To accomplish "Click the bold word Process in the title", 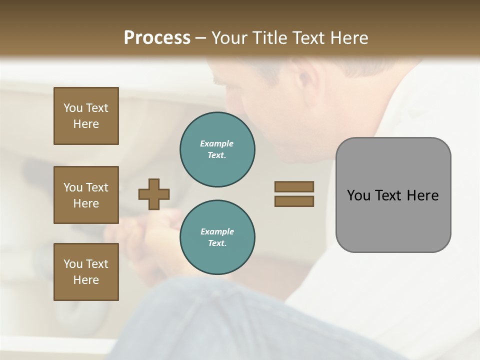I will [x=157, y=37].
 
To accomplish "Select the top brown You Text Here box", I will [x=86, y=116].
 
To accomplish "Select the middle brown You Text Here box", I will [x=86, y=195].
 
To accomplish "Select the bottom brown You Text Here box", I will [x=86, y=271].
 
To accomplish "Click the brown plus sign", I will [x=154, y=194].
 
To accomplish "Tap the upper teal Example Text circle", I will [x=217, y=149].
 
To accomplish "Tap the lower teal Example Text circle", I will [x=217, y=237].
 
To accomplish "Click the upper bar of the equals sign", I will [x=294, y=186].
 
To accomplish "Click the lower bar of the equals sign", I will [x=294, y=201].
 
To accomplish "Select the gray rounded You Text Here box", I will [x=393, y=195].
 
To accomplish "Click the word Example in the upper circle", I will [x=217, y=143].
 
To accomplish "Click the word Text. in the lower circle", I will [x=217, y=243].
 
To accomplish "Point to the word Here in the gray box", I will [x=423, y=195].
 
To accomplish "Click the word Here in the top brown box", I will [x=86, y=124].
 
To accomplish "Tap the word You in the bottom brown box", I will [x=73, y=263].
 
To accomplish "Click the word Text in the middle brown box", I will [x=97, y=187].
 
